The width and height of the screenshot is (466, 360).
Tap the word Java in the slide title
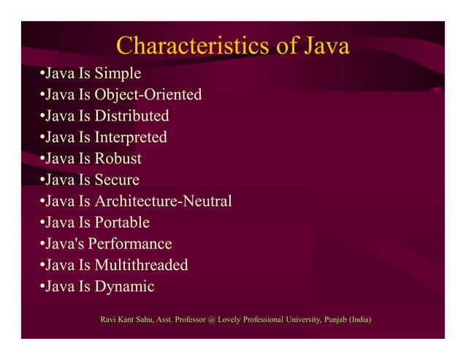[325, 47]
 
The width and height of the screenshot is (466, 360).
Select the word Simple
[118, 74]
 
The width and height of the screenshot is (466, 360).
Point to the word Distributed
[132, 116]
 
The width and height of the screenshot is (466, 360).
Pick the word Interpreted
[131, 137]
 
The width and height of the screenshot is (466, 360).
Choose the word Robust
[118, 158]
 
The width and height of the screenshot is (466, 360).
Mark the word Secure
[117, 180]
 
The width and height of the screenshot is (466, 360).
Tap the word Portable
[122, 222]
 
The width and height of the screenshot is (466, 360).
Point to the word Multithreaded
[142, 265]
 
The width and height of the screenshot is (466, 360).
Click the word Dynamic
[124, 286]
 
